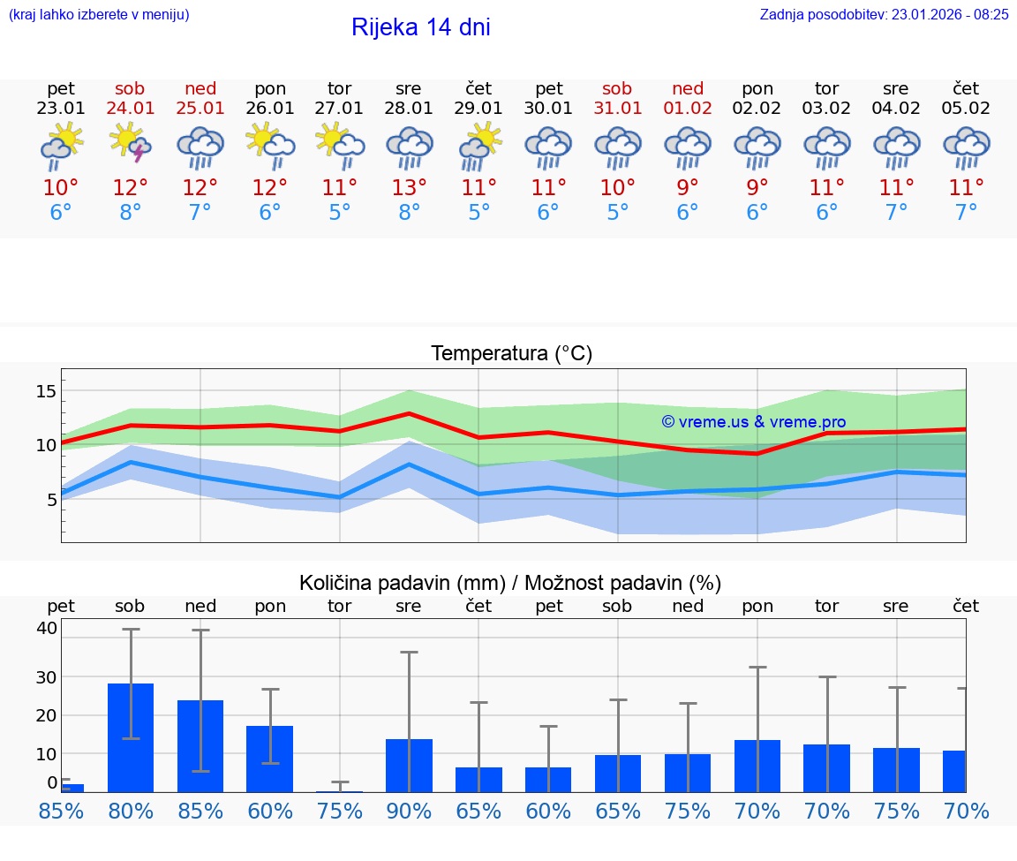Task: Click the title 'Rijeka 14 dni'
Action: click(420, 27)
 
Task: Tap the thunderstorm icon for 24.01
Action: click(131, 145)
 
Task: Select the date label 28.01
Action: click(409, 109)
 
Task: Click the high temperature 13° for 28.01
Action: click(409, 187)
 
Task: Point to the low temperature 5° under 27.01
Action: click(339, 213)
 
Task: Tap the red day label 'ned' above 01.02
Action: click(688, 88)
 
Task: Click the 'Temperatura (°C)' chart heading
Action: click(511, 353)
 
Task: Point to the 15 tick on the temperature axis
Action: click(47, 391)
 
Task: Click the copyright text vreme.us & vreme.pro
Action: click(753, 422)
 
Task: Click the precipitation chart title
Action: click(510, 583)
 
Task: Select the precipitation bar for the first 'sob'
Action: click(131, 737)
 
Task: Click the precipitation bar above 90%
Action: click(409, 765)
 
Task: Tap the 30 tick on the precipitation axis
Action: click(47, 676)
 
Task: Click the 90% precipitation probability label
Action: click(409, 811)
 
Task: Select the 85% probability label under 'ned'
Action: click(200, 811)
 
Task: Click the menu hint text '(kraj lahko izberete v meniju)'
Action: click(99, 14)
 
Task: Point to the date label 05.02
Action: click(966, 109)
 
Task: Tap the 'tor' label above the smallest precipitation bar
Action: click(339, 606)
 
